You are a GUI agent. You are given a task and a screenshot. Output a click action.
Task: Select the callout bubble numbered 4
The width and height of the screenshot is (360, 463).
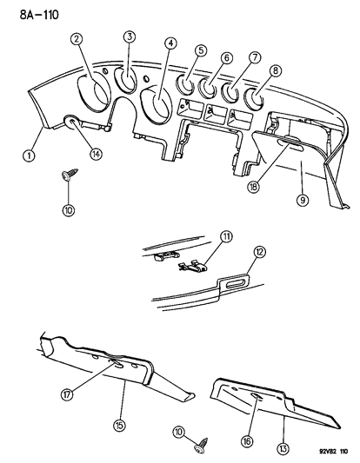click(170, 43)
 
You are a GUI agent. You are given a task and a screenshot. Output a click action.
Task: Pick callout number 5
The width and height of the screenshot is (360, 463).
click(202, 51)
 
